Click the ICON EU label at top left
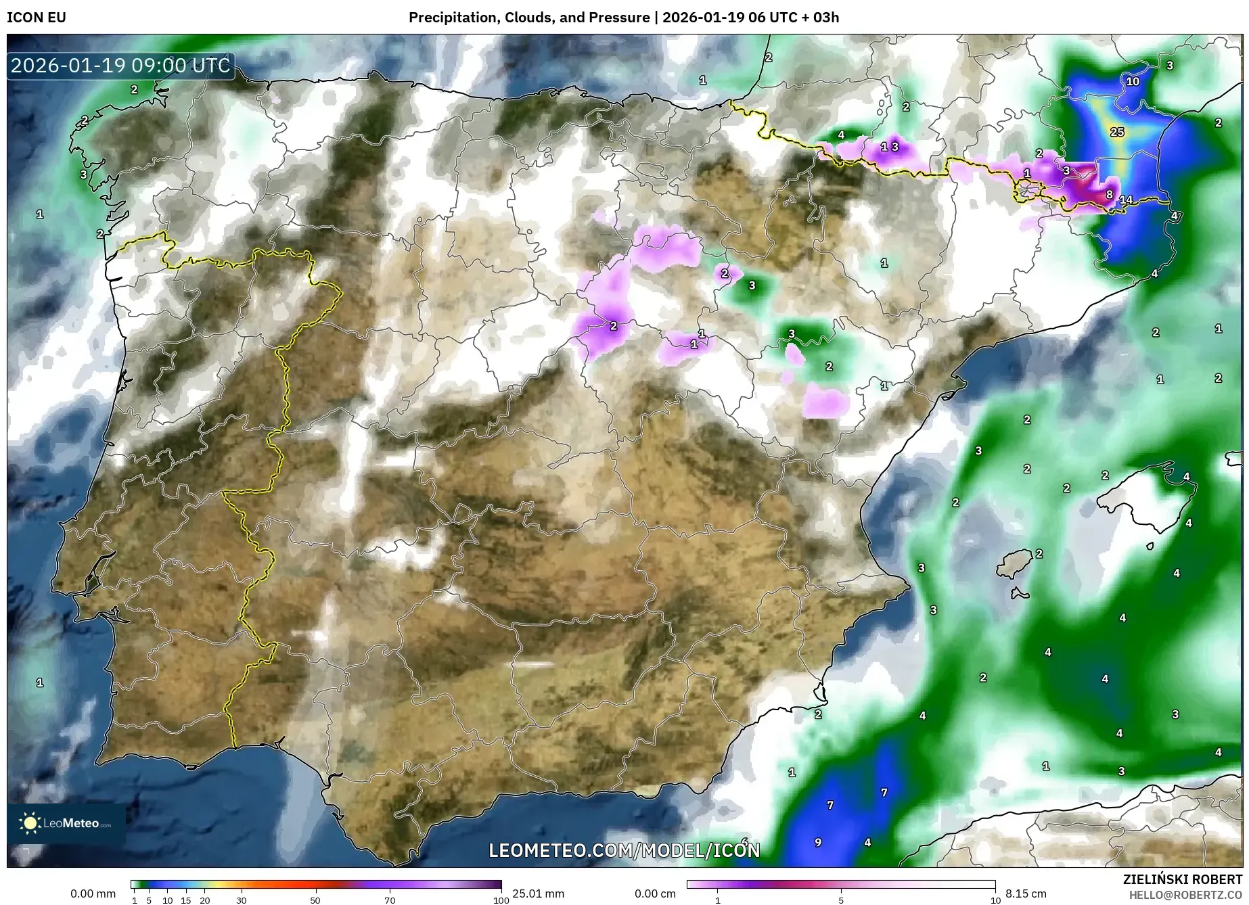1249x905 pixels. click(x=37, y=18)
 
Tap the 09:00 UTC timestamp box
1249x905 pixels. click(x=121, y=66)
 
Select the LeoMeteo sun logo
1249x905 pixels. click(x=30, y=822)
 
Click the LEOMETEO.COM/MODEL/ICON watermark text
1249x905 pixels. click(x=624, y=850)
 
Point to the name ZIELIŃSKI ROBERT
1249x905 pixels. click(x=1182, y=879)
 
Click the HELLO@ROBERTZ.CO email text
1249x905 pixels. click(x=1185, y=895)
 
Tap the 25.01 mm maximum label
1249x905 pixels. click(x=538, y=894)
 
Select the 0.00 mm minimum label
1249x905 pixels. click(x=93, y=894)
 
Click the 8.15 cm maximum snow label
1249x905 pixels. click(x=1026, y=894)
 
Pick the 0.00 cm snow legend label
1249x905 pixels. click(x=655, y=894)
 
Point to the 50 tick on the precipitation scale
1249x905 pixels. click(x=315, y=900)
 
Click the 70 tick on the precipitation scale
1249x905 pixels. click(x=390, y=900)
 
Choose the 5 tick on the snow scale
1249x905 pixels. click(x=841, y=900)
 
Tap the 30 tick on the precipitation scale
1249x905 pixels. click(x=242, y=900)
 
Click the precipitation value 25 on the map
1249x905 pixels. click(x=1117, y=132)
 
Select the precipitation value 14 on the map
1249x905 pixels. click(x=1126, y=200)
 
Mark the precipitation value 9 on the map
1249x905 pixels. click(x=818, y=842)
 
